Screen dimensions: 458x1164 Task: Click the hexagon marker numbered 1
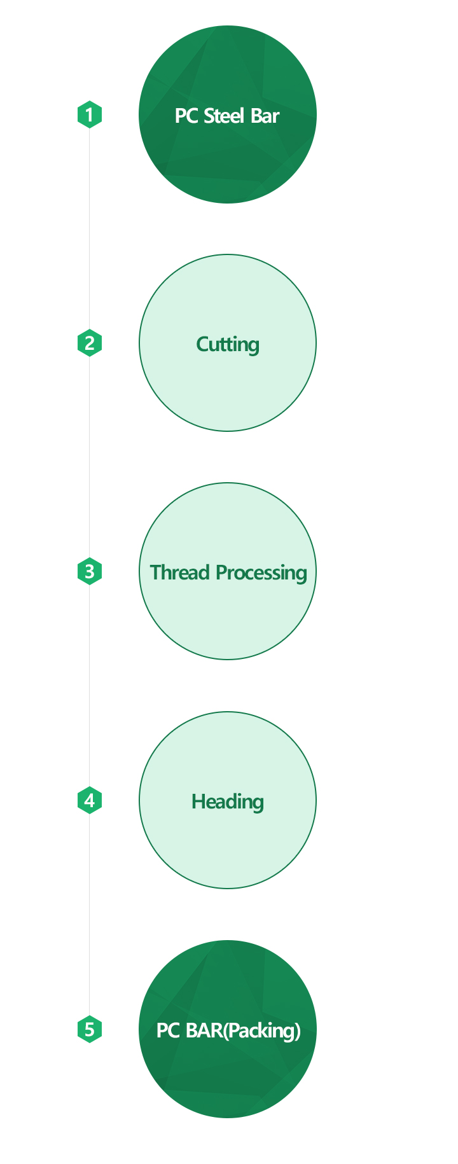pyautogui.click(x=90, y=114)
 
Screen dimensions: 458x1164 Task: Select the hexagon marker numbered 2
pyautogui.click(x=90, y=343)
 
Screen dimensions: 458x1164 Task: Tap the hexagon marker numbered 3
pyautogui.click(x=90, y=571)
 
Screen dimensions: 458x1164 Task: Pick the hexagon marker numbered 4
pyautogui.click(x=90, y=800)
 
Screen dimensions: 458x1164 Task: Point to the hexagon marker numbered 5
pyautogui.click(x=90, y=1029)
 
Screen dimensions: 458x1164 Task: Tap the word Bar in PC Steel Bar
pyautogui.click(x=265, y=116)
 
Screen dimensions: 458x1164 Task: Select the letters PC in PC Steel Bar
pyautogui.click(x=186, y=116)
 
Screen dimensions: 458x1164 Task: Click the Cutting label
pyautogui.click(x=228, y=345)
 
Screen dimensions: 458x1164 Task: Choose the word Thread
pyautogui.click(x=180, y=572)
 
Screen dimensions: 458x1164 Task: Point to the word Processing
pyautogui.click(x=261, y=573)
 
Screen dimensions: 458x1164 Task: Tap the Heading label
pyautogui.click(x=228, y=801)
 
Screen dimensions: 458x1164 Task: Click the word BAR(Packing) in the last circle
pyautogui.click(x=243, y=1030)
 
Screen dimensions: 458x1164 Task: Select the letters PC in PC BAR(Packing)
pyautogui.click(x=168, y=1030)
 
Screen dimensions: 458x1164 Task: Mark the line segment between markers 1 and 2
pyautogui.click(x=90, y=229)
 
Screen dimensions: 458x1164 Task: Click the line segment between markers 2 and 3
pyautogui.click(x=90, y=457)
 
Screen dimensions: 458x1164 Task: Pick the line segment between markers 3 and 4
pyautogui.click(x=90, y=686)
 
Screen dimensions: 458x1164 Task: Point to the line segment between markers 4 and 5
pyautogui.click(x=90, y=915)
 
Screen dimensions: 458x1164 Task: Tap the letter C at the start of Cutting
pyautogui.click(x=203, y=344)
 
